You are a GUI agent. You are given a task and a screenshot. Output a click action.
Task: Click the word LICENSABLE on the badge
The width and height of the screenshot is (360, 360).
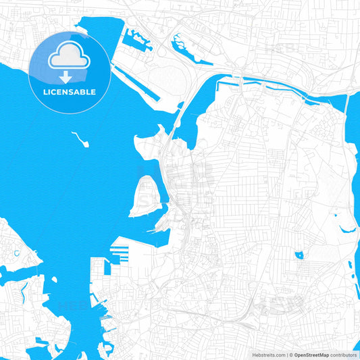(70, 92)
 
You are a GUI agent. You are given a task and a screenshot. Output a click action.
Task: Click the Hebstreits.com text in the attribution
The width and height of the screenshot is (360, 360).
(266, 355)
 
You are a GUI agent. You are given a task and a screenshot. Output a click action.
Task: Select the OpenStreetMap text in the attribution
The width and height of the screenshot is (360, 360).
(311, 355)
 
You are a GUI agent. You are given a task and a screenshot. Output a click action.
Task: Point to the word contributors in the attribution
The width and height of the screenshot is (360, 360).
(344, 355)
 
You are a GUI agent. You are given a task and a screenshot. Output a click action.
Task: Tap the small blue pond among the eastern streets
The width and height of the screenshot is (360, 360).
(299, 255)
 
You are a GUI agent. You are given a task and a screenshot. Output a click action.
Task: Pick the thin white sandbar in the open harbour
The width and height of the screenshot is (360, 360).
(80, 140)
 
